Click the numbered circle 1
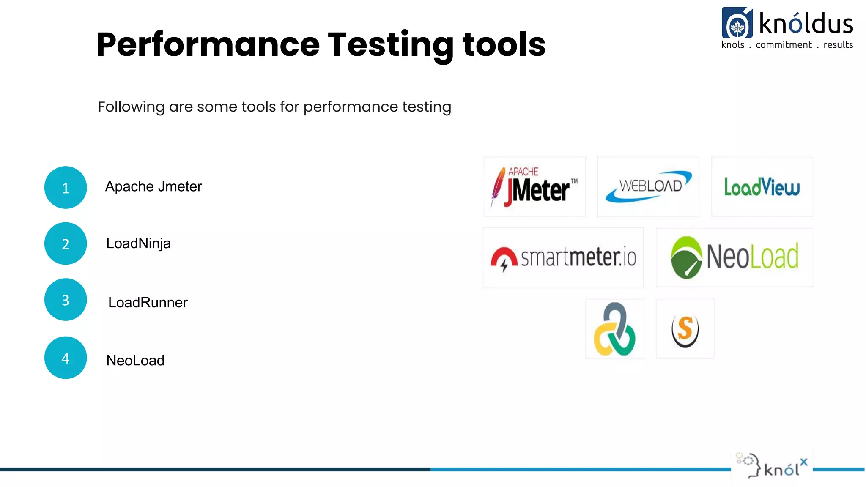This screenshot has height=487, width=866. (66, 187)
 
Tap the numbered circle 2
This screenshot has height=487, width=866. (66, 243)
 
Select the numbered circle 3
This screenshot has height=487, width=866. (66, 300)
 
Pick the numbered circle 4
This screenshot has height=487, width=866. (66, 358)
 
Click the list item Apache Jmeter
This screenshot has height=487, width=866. (153, 186)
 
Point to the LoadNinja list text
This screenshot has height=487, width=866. (138, 243)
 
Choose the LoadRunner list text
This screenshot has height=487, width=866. (148, 303)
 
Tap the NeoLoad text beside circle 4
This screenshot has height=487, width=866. (135, 361)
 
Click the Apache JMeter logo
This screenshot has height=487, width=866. (534, 187)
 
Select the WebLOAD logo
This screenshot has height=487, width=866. (648, 187)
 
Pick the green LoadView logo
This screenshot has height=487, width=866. (762, 187)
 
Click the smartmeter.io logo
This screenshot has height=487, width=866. (563, 257)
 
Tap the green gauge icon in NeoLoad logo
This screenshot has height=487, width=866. (686, 257)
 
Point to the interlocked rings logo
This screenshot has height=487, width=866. (614, 329)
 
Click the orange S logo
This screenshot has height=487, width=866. (685, 329)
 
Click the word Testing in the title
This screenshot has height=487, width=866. (391, 45)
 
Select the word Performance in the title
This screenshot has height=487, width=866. (208, 45)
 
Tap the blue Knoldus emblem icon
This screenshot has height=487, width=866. (737, 23)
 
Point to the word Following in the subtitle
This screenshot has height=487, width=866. (131, 107)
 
